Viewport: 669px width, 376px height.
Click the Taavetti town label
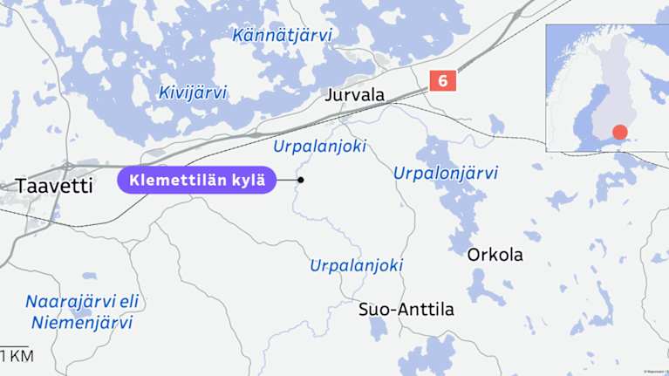coord(54,185)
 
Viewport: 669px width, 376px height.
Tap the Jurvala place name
coord(354,95)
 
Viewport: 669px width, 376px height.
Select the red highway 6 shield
coord(442,81)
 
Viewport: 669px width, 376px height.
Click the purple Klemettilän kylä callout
coord(196,181)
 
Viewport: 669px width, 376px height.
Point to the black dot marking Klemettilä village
coord(301,181)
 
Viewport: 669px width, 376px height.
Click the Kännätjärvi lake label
coord(282,35)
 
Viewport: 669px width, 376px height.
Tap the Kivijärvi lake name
coord(193,92)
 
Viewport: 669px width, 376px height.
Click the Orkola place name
coord(495,255)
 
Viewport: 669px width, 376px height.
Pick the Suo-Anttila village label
coord(406,310)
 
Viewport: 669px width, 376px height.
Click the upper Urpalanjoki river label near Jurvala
coord(319,146)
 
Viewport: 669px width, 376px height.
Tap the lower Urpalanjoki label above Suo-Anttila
coord(357,265)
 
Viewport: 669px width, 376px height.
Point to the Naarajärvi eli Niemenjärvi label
coord(81,312)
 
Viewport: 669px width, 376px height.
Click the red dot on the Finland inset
coord(619,133)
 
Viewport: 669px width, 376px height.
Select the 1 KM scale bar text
coord(17,355)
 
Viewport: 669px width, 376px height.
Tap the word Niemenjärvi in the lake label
coord(81,323)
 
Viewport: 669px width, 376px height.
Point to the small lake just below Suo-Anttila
coord(377,328)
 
